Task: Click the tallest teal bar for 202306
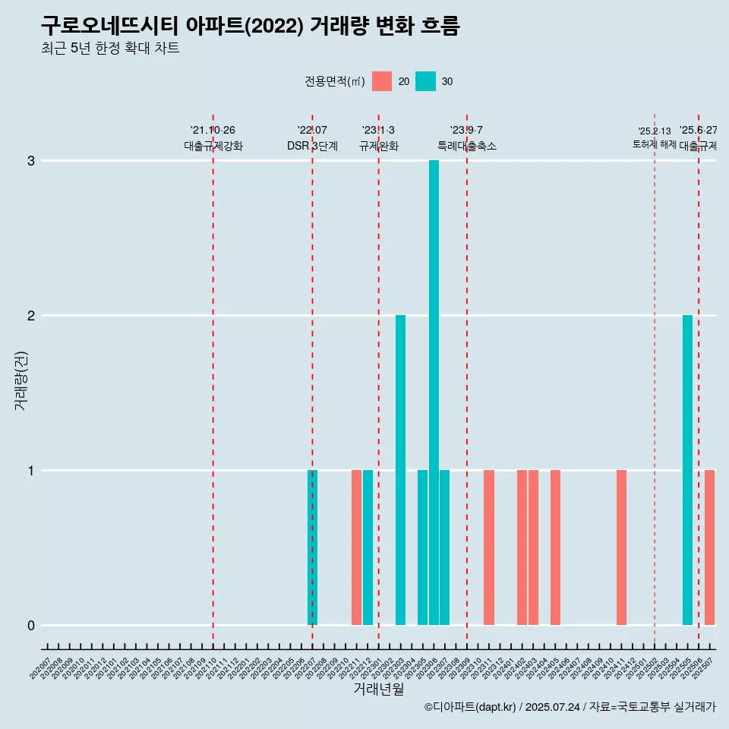(434, 393)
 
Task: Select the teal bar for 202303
(400, 470)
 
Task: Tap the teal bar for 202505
(687, 470)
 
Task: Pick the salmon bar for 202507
(709, 548)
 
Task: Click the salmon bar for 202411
(621, 548)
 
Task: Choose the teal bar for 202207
(312, 548)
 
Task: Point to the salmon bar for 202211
(356, 548)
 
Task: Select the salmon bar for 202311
(489, 548)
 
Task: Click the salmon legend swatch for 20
(382, 81)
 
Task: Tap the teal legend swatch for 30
(426, 81)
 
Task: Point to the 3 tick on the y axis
(31, 161)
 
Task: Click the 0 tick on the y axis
(31, 626)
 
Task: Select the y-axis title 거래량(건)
(21, 380)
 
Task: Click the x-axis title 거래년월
(378, 690)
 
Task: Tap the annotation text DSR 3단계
(312, 146)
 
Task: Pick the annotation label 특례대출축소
(467, 146)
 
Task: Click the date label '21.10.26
(213, 131)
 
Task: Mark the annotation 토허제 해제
(654, 144)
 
